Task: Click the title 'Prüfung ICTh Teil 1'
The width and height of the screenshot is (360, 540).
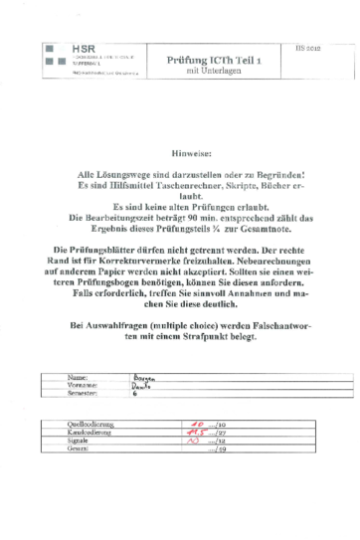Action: (207, 60)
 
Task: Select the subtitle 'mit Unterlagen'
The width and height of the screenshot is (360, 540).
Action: (207, 71)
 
